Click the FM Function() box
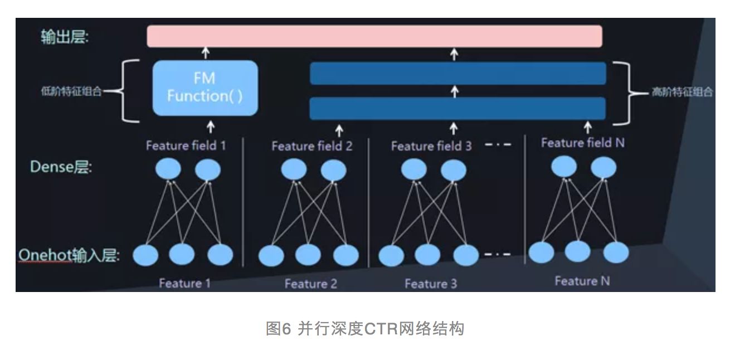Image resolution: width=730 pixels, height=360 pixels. (205, 88)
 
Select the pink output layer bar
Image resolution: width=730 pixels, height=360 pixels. (374, 36)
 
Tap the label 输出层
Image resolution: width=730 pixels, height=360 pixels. (65, 37)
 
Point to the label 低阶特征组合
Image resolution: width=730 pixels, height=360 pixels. (72, 92)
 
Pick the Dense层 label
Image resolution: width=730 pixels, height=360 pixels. (61, 167)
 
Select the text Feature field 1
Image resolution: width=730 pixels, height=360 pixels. (186, 146)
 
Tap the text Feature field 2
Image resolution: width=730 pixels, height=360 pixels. (312, 147)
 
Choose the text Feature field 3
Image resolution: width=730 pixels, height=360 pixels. (431, 147)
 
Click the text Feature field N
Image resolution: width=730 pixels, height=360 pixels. (582, 143)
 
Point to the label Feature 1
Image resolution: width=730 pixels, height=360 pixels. (184, 283)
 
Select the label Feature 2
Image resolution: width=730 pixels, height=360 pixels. (310, 284)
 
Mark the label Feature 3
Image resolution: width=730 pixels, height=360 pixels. (431, 284)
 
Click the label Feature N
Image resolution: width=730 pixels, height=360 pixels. (582, 281)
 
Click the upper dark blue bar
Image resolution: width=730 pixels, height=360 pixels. (458, 74)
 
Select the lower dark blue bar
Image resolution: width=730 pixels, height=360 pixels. (458, 109)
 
